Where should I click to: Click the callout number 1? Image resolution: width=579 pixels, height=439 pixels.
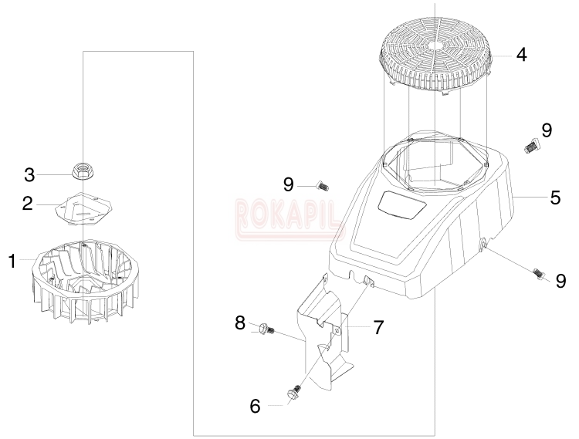pyautogui.click(x=12, y=262)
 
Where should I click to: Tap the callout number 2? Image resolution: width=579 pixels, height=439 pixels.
pyautogui.click(x=27, y=204)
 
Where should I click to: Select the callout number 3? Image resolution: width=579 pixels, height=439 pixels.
pyautogui.click(x=29, y=175)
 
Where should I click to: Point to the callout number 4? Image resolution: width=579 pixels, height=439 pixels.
pyautogui.click(x=521, y=55)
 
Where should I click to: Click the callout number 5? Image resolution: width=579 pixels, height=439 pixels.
pyautogui.click(x=555, y=198)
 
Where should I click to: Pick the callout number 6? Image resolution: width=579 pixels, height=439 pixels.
pyautogui.click(x=256, y=407)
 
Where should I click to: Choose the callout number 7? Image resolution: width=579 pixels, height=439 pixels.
pyautogui.click(x=378, y=328)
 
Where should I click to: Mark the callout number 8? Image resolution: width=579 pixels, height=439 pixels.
pyautogui.click(x=240, y=323)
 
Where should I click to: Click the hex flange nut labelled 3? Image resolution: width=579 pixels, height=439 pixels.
pyautogui.click(x=82, y=171)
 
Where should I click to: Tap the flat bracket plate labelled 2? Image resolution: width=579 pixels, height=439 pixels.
pyautogui.click(x=84, y=208)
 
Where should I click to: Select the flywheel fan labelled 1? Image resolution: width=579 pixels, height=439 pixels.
pyautogui.click(x=86, y=283)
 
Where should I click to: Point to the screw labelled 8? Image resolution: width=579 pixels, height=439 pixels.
pyautogui.click(x=266, y=328)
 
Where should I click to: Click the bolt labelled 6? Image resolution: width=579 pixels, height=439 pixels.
pyautogui.click(x=294, y=392)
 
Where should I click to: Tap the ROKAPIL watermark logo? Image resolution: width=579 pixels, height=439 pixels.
pyautogui.click(x=290, y=219)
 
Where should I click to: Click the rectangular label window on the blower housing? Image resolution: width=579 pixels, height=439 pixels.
pyautogui.click(x=401, y=206)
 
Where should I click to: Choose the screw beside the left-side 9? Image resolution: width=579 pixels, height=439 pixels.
pyautogui.click(x=323, y=186)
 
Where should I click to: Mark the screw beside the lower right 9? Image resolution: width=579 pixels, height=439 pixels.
pyautogui.click(x=540, y=274)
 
